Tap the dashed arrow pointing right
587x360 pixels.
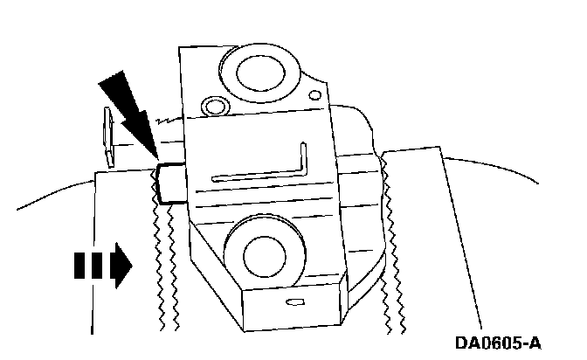click(x=100, y=265)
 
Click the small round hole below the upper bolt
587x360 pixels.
click(x=211, y=107)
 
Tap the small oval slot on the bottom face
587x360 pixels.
click(x=293, y=302)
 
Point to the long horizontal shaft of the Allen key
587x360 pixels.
click(x=253, y=177)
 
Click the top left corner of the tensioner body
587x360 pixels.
click(x=180, y=48)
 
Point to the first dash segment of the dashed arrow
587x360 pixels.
click(x=76, y=265)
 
